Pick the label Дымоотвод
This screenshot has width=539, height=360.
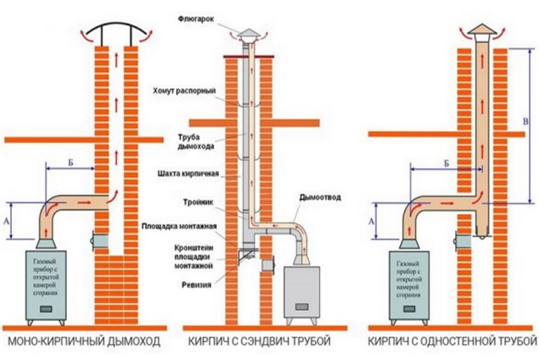coord(320,198)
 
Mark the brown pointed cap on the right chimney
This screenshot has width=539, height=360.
coord(481,30)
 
